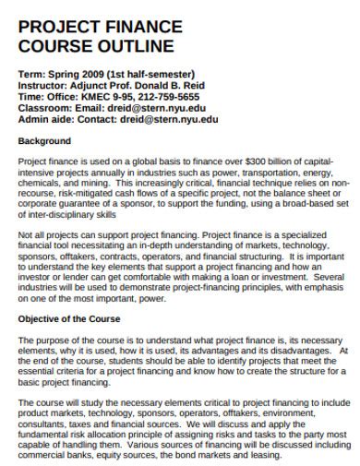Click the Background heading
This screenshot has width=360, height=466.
tap(44, 141)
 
